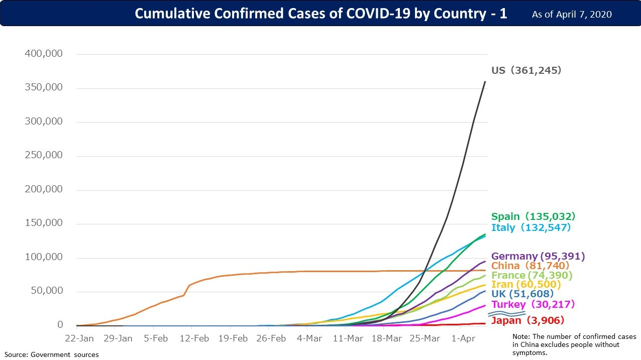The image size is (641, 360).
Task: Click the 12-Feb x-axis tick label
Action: [193, 338]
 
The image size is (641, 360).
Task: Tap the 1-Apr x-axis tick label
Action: [463, 338]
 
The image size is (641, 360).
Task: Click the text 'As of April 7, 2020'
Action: [572, 14]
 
